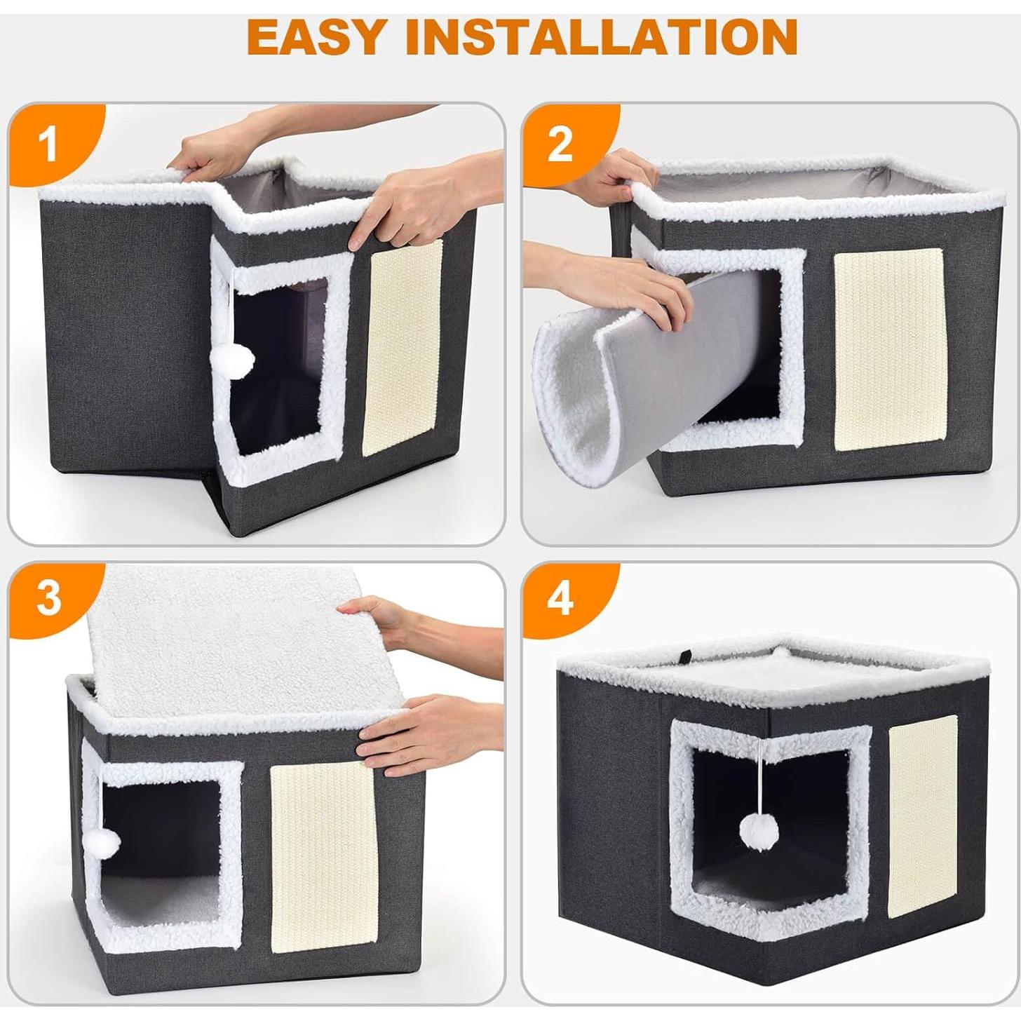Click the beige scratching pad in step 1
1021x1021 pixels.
(402, 342)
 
